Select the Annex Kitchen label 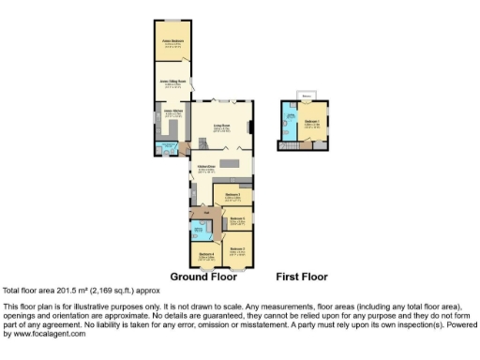click(172, 113)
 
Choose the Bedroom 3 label click(232, 195)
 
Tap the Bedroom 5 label click(237, 219)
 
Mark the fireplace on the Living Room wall click(250, 126)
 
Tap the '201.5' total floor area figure click(60, 291)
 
